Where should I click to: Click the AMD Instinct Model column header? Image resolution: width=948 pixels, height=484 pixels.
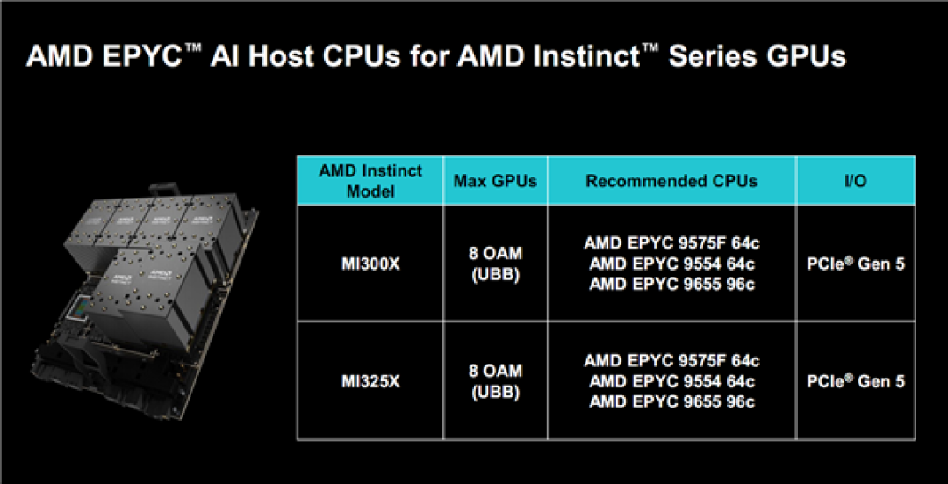tap(370, 181)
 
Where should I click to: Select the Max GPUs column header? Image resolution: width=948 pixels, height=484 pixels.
tap(495, 181)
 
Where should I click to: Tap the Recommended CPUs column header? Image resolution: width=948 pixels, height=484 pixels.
tap(671, 181)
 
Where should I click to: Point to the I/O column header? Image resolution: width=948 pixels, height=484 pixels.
tap(855, 181)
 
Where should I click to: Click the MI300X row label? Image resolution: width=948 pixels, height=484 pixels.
tap(370, 263)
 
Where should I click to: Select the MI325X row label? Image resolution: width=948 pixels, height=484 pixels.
tap(370, 381)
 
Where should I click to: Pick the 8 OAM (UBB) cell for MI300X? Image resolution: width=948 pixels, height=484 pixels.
tap(495, 263)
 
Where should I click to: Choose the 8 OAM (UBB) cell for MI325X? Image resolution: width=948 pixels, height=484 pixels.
tap(495, 381)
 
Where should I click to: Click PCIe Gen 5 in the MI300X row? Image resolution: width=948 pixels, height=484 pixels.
tap(855, 263)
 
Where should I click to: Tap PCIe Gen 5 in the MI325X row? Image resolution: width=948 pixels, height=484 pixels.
tap(855, 381)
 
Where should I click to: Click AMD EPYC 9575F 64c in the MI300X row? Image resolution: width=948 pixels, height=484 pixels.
tap(671, 242)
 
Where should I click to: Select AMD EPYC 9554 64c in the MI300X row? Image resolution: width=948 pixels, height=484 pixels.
tap(671, 263)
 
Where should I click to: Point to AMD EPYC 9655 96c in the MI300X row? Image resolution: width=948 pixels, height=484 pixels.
tap(671, 284)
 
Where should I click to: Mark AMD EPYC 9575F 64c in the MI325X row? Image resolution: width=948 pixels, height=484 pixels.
tap(671, 361)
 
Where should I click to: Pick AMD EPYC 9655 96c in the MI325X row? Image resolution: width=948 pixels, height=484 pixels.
tap(671, 402)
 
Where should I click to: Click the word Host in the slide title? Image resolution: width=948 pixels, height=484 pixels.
tap(264, 57)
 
